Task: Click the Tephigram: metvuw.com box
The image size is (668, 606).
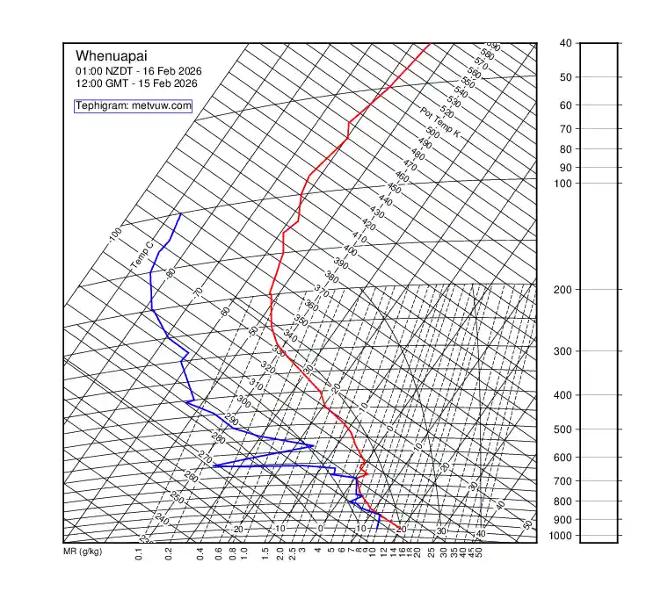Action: (x=133, y=105)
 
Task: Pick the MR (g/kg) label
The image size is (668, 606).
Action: (x=83, y=552)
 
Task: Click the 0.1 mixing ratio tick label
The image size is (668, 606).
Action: (x=139, y=553)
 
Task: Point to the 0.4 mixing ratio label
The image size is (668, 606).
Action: (x=200, y=553)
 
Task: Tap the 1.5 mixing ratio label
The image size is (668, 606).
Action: (x=265, y=553)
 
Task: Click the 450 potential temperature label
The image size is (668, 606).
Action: (x=395, y=189)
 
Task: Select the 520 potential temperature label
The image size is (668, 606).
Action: (x=447, y=113)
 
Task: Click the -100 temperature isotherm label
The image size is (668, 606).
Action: (x=115, y=235)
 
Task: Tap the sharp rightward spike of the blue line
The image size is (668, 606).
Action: (x=313, y=446)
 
